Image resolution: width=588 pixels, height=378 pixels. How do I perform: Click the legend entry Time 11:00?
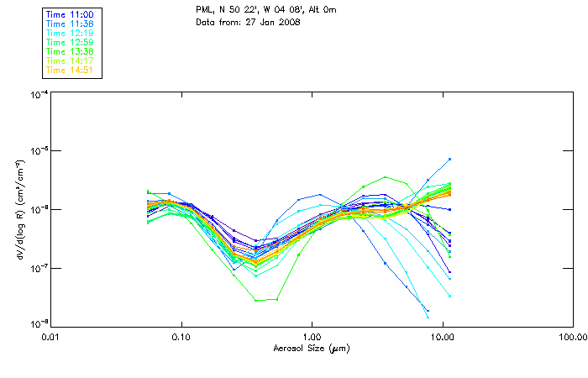click(71, 15)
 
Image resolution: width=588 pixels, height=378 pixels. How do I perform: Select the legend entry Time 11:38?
click(71, 24)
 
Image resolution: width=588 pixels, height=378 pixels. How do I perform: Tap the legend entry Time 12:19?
click(71, 33)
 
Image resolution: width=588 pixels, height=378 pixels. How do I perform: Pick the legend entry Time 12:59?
click(71, 42)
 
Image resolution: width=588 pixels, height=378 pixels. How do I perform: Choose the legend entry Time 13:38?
click(71, 51)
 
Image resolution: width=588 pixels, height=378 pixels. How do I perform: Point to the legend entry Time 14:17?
click(71, 60)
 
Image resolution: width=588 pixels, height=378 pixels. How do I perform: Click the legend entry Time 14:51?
click(71, 69)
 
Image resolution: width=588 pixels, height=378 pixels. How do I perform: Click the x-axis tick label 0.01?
click(50, 337)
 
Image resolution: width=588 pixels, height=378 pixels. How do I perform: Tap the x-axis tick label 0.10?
click(181, 337)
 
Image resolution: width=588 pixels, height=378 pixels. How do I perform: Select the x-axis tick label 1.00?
click(312, 337)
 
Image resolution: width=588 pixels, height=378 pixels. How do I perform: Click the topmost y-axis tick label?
click(38, 94)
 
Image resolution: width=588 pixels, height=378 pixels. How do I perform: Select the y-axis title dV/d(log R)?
click(13, 208)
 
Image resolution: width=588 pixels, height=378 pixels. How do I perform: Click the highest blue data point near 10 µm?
click(450, 159)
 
